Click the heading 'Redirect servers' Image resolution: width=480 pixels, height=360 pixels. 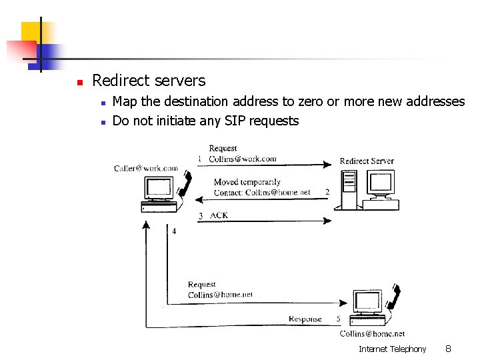[149, 81]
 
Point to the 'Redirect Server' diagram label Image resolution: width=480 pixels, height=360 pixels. [366, 161]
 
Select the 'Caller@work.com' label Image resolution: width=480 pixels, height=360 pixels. [146, 169]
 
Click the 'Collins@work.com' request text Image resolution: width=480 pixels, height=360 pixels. [242, 159]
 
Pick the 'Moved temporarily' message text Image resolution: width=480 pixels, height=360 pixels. [247, 182]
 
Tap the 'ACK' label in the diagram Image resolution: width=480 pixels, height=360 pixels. [219, 215]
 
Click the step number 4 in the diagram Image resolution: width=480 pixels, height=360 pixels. [174, 231]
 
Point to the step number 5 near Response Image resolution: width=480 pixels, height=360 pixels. [339, 319]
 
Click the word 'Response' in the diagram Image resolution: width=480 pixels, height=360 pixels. [305, 319]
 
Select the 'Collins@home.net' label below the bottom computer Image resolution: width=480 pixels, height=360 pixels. [372, 333]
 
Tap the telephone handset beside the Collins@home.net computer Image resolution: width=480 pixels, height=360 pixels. [396, 296]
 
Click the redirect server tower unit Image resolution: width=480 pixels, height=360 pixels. [349, 189]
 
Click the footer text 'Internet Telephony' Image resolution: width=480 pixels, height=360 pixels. [392, 349]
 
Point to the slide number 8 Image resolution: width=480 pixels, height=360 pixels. [448, 349]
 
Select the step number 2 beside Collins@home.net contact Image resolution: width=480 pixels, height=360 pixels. [327, 192]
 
